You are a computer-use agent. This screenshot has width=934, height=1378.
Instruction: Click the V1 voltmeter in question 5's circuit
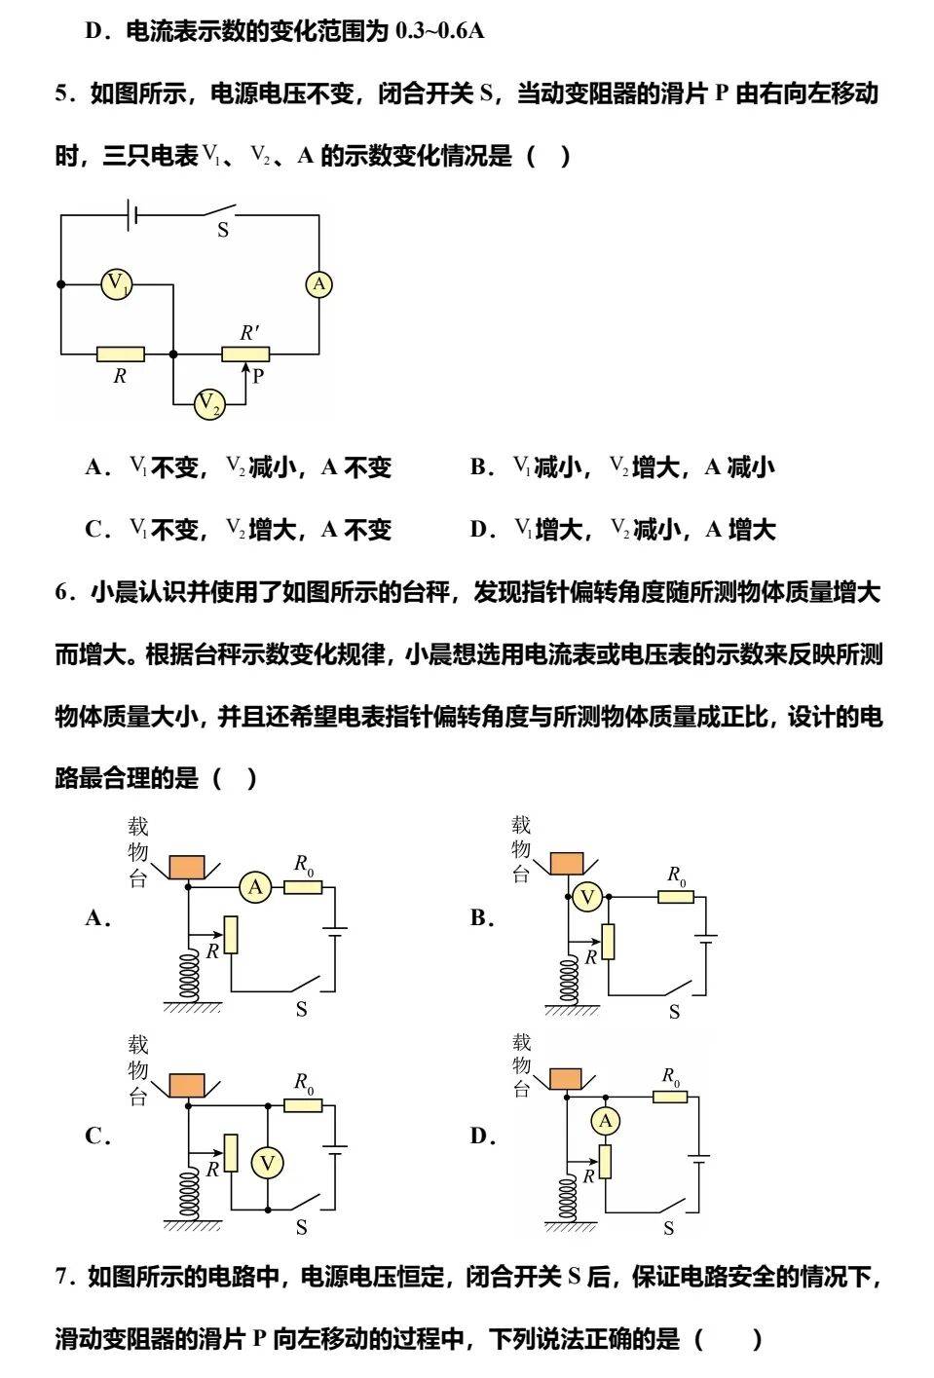pyautogui.click(x=117, y=284)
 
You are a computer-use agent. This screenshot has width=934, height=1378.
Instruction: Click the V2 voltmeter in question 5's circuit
pyautogui.click(x=209, y=404)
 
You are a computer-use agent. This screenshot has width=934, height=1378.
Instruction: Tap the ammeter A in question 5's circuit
pyautogui.click(x=318, y=284)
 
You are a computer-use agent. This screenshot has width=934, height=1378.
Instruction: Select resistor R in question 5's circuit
pyautogui.click(x=121, y=354)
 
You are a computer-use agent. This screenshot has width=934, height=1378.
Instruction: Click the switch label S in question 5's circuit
pyautogui.click(x=223, y=231)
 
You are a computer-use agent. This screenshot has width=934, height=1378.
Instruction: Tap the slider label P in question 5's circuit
pyautogui.click(x=258, y=376)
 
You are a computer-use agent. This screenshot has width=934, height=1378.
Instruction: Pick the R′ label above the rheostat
pyautogui.click(x=249, y=332)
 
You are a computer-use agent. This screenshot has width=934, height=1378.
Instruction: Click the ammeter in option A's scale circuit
pyautogui.click(x=256, y=887)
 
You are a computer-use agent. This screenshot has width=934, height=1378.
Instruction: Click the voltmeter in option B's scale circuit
pyautogui.click(x=586, y=897)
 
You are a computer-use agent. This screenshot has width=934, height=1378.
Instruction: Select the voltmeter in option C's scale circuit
pyautogui.click(x=267, y=1162)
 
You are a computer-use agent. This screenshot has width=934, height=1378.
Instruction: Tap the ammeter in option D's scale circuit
pyautogui.click(x=605, y=1122)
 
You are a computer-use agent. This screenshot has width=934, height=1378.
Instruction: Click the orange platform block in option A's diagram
pyautogui.click(x=187, y=866)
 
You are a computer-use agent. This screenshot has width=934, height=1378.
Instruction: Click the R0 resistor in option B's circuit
pyautogui.click(x=675, y=896)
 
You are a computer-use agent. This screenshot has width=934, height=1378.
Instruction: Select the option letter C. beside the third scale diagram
pyautogui.click(x=97, y=1136)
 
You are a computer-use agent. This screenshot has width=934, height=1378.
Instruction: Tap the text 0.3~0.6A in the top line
pyautogui.click(x=439, y=31)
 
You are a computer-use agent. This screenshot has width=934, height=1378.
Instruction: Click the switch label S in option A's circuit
pyautogui.click(x=301, y=1010)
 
